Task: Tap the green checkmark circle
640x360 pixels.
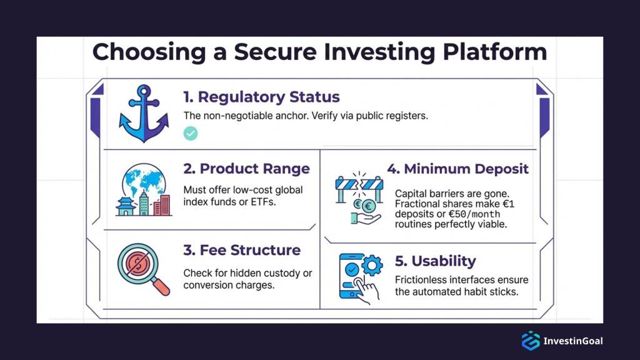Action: point(191,133)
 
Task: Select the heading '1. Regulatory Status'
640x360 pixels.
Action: point(261,97)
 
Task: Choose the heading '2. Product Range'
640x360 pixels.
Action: point(246,169)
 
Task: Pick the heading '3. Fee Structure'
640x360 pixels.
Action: point(241,251)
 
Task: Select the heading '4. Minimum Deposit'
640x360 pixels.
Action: point(457,169)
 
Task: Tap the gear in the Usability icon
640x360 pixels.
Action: point(372,266)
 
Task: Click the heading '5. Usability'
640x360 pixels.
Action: point(435,261)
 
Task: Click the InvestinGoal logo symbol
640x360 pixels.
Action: point(530,341)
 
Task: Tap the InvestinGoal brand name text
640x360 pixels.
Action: point(573,341)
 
